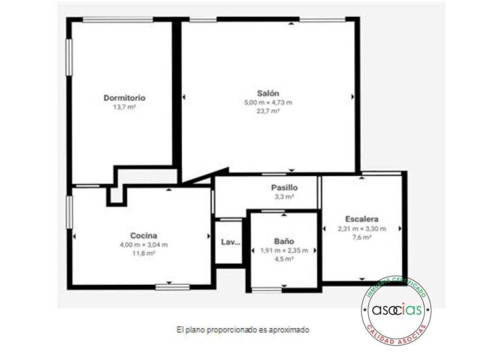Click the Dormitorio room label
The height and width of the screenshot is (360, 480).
point(124,98)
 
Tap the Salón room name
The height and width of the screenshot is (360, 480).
point(268,93)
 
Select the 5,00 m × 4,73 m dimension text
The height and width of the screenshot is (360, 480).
point(268,103)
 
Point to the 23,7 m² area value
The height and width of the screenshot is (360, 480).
point(268,111)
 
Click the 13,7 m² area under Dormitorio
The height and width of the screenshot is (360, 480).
point(124,107)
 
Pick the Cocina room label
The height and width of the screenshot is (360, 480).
point(143,235)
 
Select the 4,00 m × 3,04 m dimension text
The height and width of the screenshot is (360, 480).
point(143,245)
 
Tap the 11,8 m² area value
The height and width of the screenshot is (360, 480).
point(143,253)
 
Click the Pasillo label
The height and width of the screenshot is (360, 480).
point(285,187)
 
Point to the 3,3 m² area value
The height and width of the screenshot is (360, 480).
point(285,197)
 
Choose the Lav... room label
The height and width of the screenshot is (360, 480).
point(231,242)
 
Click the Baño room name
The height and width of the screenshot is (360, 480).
point(284,241)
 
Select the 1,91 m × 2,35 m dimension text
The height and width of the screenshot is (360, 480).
point(284,250)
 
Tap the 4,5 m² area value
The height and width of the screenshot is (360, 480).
point(284,259)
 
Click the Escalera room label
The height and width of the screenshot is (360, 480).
point(362,219)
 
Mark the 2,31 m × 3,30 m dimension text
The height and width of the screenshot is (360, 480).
point(362,229)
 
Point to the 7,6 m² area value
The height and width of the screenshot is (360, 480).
point(362,237)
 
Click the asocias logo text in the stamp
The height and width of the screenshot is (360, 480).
point(397,310)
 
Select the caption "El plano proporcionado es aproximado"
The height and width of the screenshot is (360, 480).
point(243,330)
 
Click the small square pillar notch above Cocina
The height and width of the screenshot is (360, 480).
point(116,196)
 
